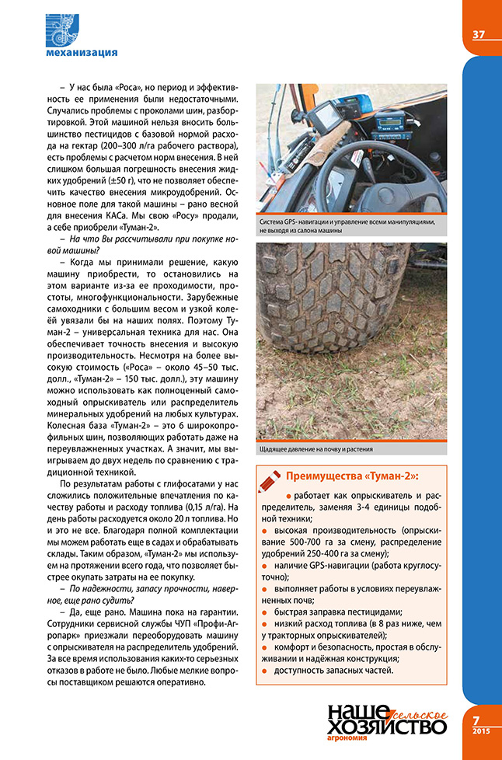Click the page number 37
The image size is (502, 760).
coord(479,34)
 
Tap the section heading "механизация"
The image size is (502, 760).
coord(82,53)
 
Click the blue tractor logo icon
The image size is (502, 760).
coord(64,30)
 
